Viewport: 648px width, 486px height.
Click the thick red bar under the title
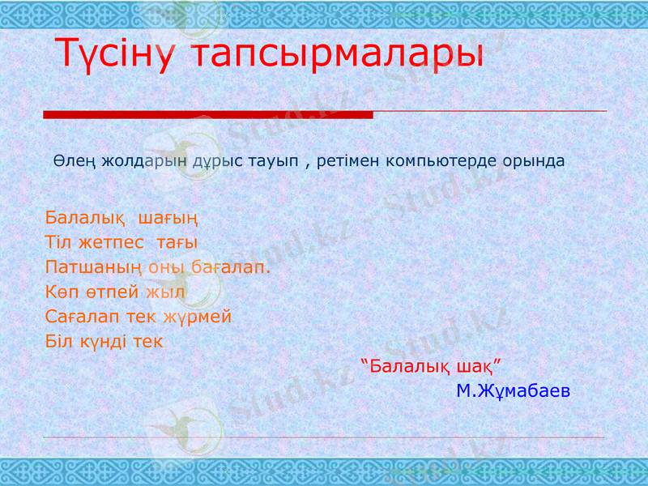click(x=207, y=115)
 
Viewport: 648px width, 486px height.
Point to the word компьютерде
click(x=429, y=160)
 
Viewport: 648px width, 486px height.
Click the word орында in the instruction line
click(x=531, y=160)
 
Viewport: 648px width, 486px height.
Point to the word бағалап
click(x=232, y=267)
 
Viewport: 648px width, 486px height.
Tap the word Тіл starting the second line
click(x=58, y=243)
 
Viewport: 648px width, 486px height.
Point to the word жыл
click(x=171, y=292)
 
